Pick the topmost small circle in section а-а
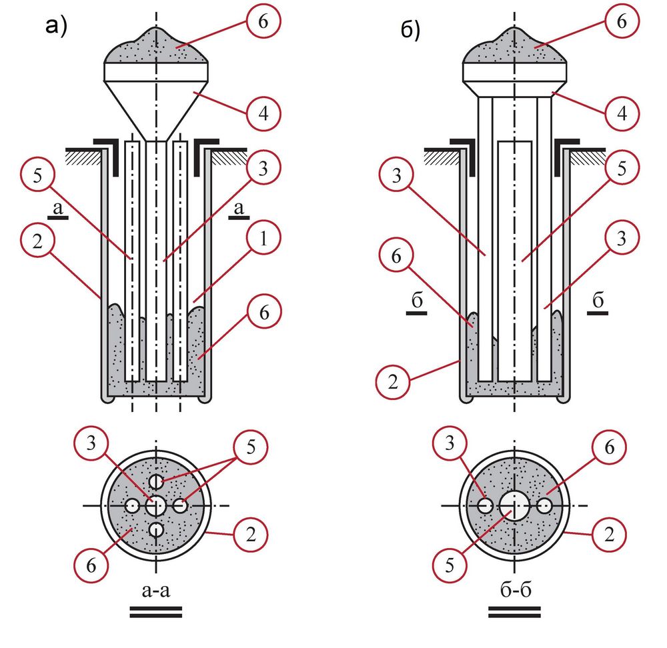point(156,481)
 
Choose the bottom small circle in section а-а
point(156,531)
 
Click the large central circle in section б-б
point(514,506)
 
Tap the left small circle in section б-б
point(485,506)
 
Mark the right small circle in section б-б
point(546,506)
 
